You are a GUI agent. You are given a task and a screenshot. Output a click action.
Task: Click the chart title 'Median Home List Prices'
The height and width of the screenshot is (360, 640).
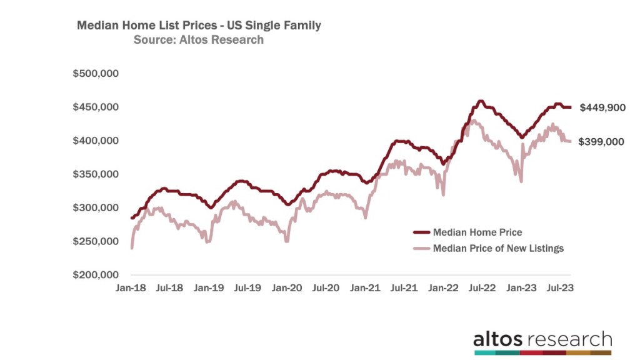tap(199, 26)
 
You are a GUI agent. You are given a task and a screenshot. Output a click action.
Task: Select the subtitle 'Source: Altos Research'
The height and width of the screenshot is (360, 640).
tap(199, 40)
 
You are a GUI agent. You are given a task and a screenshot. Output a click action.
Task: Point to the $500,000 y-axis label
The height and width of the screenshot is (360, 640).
tap(96, 74)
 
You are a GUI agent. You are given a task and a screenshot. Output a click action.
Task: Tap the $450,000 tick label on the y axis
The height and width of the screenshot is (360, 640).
tap(96, 107)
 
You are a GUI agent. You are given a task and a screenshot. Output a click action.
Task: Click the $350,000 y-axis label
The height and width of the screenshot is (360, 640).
tap(96, 174)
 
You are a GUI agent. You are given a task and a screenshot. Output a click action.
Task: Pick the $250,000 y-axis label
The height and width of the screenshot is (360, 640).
tap(96, 241)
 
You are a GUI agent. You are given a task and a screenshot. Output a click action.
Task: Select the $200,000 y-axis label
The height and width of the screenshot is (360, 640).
tap(96, 275)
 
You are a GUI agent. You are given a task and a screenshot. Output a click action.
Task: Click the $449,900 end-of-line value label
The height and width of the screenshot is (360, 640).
tap(602, 107)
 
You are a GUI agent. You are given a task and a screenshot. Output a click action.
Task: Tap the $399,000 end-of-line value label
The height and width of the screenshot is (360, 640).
tap(602, 142)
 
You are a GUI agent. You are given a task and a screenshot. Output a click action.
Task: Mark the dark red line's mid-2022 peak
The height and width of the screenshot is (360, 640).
tap(480, 101)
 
